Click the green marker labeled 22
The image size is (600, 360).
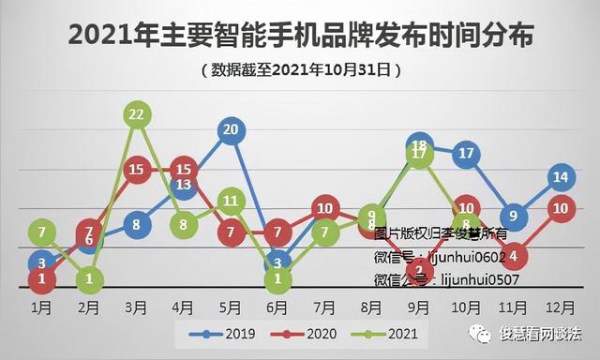click(x=137, y=114)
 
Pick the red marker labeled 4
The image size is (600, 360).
click(x=514, y=254)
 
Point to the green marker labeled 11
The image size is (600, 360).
click(x=232, y=200)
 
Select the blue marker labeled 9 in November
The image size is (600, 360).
click(x=514, y=217)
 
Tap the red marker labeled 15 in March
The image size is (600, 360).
click(x=137, y=170)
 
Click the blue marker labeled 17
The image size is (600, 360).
click(x=467, y=153)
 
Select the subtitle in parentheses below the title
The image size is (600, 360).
click(x=301, y=69)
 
